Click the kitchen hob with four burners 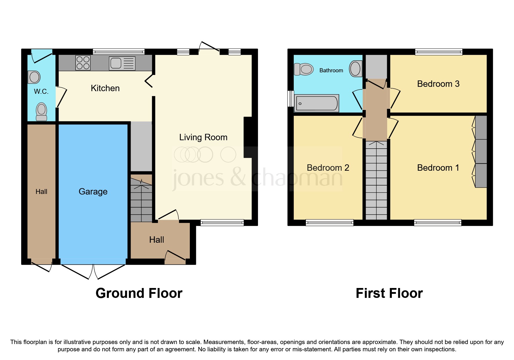coord(83,63)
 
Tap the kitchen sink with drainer coord(122,63)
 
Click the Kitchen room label coord(105,88)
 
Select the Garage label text coord(93,192)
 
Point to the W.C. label coord(41,92)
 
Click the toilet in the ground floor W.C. coord(42,111)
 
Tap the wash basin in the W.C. coord(34,77)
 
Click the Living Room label coord(203,137)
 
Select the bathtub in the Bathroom coord(317,103)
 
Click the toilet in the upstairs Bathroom coord(304,69)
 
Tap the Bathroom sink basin coord(356,69)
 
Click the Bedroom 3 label coord(438,84)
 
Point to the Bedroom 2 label coord(328,168)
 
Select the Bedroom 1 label coord(438,168)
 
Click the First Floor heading coord(389,293)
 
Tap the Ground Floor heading coord(139,293)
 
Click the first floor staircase coord(376,180)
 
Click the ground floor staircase coord(141,200)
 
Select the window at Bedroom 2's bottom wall coord(329,223)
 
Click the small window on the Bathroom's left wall coord(291,99)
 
